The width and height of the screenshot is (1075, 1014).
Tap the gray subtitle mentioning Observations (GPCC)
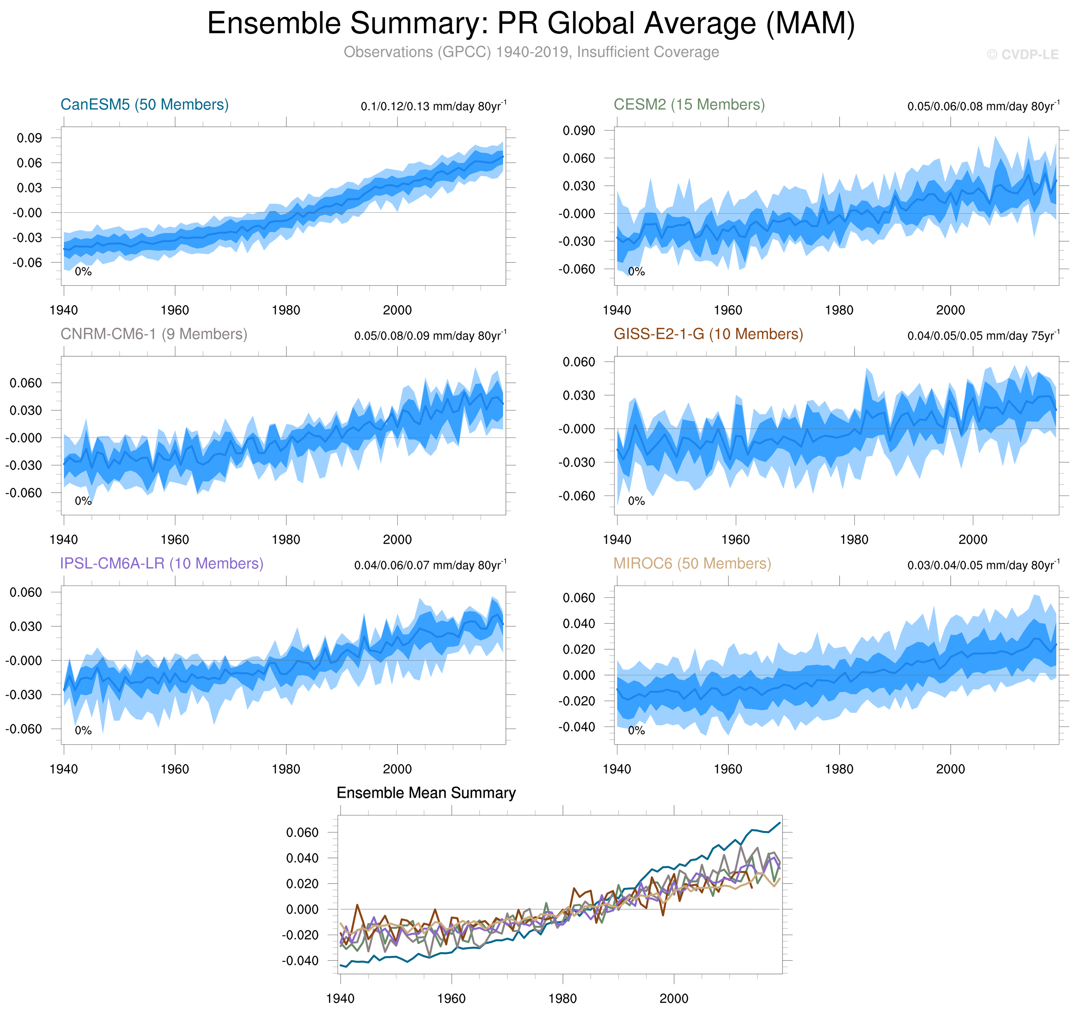531,52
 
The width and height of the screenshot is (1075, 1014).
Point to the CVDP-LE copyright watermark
1022,55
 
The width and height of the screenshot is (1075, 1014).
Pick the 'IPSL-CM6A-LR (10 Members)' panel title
162,563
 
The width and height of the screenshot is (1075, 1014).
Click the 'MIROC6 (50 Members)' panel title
692,563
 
